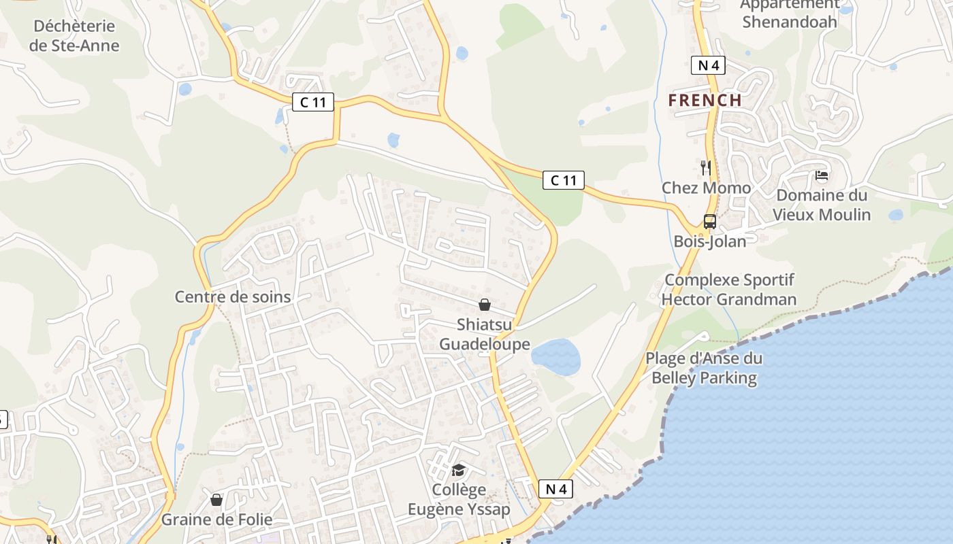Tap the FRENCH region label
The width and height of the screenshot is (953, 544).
(705, 100)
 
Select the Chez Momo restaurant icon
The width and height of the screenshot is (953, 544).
(706, 167)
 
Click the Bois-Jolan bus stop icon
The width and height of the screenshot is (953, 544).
(709, 221)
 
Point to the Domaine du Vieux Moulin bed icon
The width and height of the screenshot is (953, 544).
(822, 175)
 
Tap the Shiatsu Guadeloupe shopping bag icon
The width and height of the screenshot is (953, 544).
(485, 305)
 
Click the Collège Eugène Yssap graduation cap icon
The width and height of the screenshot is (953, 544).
(458, 470)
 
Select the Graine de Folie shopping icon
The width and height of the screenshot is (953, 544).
(216, 500)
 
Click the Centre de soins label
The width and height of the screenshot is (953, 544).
(233, 296)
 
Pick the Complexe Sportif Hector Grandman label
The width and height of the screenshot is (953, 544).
(729, 290)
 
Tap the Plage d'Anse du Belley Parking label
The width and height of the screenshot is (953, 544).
(704, 368)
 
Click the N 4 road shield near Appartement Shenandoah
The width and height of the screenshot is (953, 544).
(708, 65)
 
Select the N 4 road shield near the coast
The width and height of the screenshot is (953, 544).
(555, 488)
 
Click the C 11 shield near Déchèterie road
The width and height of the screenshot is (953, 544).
(313, 102)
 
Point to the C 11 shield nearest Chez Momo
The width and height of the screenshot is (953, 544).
(563, 180)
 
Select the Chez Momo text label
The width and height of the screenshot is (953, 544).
(706, 188)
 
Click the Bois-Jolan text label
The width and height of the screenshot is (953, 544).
(709, 241)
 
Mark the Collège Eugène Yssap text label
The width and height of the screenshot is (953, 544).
(459, 499)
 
